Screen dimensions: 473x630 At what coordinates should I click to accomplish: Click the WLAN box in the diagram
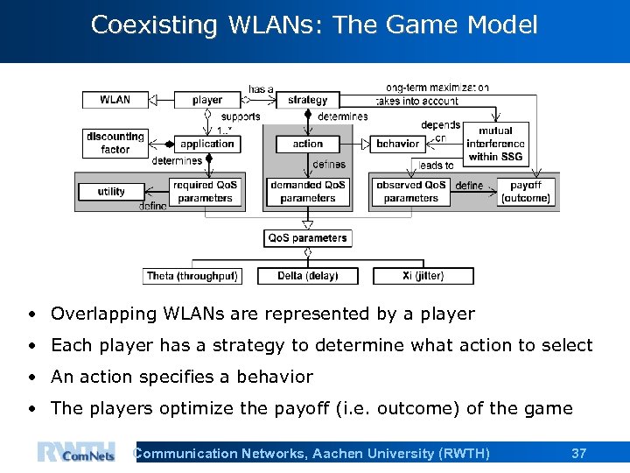pyautogui.click(x=115, y=100)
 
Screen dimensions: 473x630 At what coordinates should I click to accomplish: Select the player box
pyautogui.click(x=207, y=100)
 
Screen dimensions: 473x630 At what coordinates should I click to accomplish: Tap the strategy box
pyautogui.click(x=307, y=100)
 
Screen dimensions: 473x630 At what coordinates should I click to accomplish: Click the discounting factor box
pyautogui.click(x=115, y=143)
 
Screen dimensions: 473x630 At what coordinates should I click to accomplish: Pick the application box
pyautogui.click(x=207, y=144)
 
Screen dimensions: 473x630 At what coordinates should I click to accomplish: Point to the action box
pyautogui.click(x=307, y=144)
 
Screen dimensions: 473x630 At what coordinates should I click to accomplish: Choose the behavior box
pyautogui.click(x=398, y=144)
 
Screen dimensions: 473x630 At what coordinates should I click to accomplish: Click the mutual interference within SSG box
pyautogui.click(x=495, y=144)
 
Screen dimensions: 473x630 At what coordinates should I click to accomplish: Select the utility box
pyautogui.click(x=111, y=192)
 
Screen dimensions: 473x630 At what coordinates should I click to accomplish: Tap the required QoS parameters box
pyautogui.click(x=205, y=192)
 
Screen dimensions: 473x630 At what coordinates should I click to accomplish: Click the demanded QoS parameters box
pyautogui.click(x=307, y=192)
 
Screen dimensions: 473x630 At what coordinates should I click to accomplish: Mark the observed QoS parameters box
pyautogui.click(x=410, y=192)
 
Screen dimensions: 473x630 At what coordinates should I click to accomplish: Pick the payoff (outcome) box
pyautogui.click(x=525, y=192)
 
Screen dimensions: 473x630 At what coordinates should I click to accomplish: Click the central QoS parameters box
pyautogui.click(x=307, y=237)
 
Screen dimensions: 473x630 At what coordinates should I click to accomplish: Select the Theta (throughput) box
pyautogui.click(x=192, y=276)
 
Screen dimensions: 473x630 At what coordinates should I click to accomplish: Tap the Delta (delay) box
pyautogui.click(x=307, y=276)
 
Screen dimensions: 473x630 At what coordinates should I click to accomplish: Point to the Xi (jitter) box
pyautogui.click(x=423, y=276)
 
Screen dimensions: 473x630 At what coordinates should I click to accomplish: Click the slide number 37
pyautogui.click(x=578, y=454)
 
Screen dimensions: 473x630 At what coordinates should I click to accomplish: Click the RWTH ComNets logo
pyautogui.click(x=76, y=454)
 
